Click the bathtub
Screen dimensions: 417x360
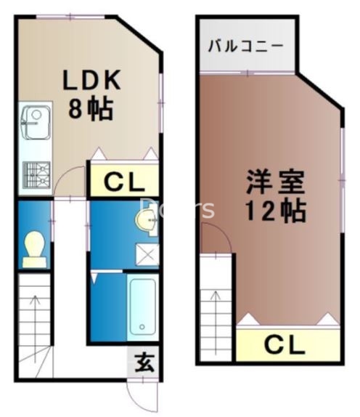142,305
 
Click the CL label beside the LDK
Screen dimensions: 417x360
124,182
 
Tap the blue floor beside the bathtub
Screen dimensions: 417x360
107,305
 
